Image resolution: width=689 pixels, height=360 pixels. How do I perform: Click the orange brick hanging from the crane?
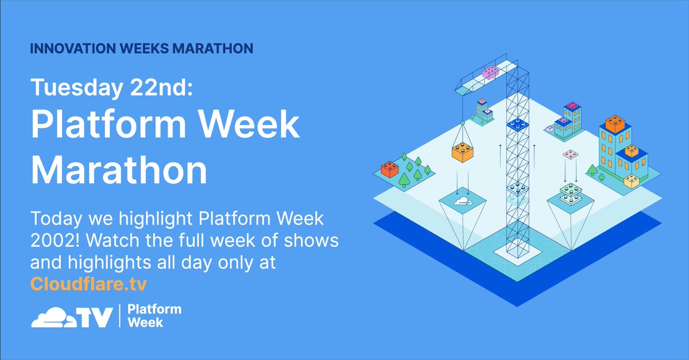[x=462, y=150]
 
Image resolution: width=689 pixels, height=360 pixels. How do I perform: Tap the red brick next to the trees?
[x=390, y=169]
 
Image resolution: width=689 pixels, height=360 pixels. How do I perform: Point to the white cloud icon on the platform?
[x=462, y=202]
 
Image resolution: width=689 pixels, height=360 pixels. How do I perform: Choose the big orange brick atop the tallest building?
[x=614, y=123]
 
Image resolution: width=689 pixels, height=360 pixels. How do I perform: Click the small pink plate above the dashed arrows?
[x=570, y=154]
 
